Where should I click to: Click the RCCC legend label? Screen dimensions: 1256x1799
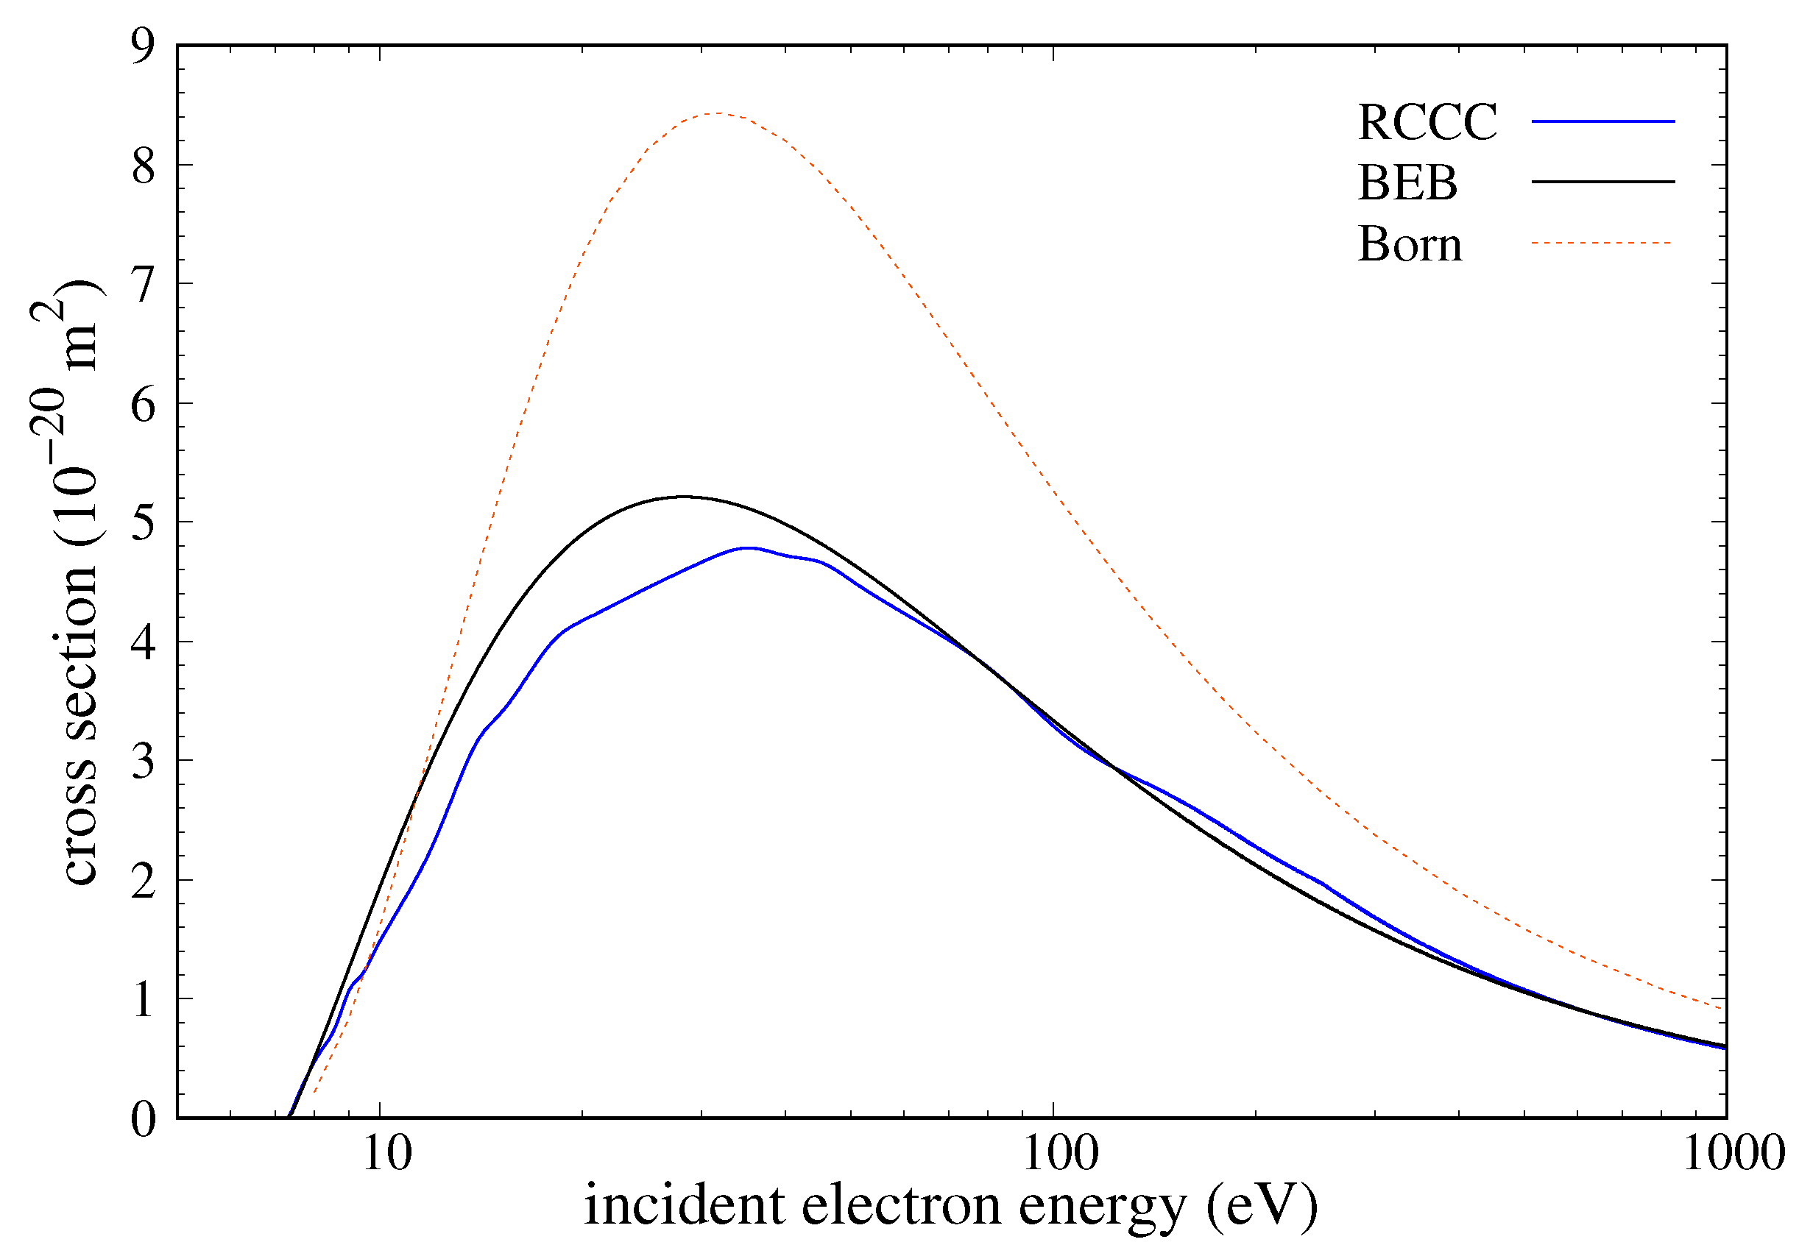[1427, 122]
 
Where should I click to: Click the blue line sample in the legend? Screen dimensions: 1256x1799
[1602, 121]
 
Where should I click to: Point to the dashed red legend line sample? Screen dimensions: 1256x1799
[1602, 243]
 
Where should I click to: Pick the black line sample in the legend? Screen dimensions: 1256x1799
[1602, 182]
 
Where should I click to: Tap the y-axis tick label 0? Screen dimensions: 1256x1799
[144, 1119]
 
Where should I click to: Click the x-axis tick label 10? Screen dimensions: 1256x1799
[386, 1154]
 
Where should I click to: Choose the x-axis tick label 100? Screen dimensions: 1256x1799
[1061, 1154]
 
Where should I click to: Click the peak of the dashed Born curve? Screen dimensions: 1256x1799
[718, 113]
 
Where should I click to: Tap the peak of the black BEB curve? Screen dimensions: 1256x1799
[685, 497]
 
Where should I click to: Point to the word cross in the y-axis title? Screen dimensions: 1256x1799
[80, 832]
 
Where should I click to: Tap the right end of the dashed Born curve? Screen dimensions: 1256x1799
[1725, 1010]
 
